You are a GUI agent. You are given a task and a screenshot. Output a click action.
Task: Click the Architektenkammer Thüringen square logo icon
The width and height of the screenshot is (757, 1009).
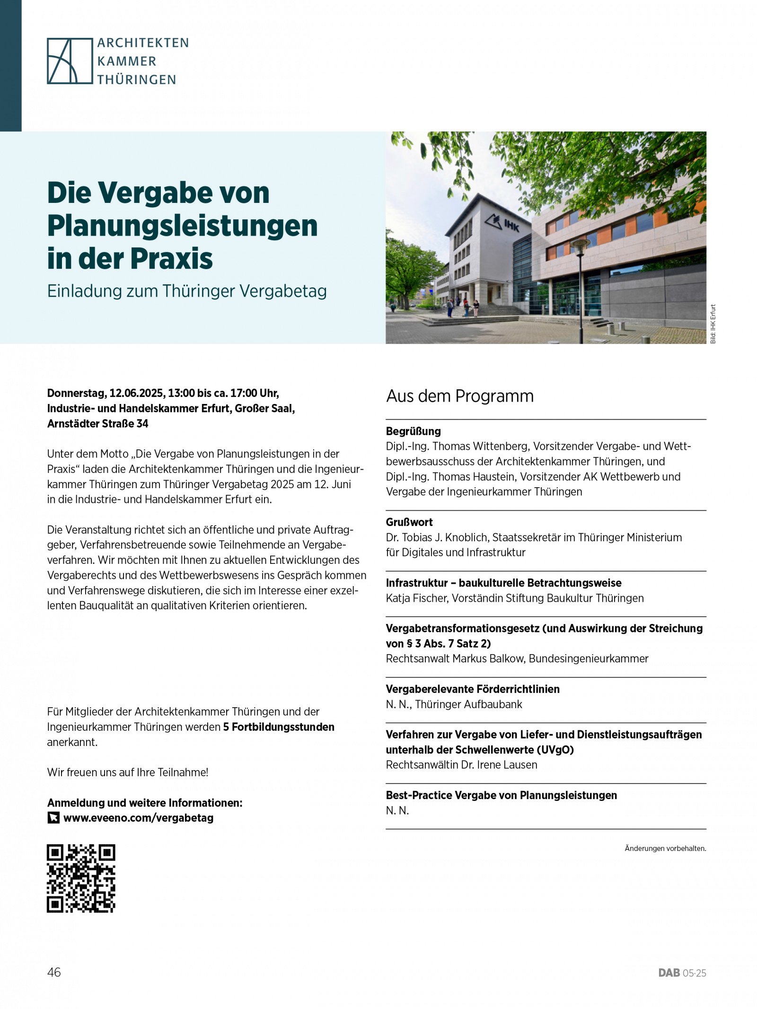tap(70, 61)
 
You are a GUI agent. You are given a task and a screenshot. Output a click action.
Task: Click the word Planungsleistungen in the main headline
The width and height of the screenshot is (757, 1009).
tap(182, 226)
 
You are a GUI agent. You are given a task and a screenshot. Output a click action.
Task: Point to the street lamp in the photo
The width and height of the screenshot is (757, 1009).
tap(580, 284)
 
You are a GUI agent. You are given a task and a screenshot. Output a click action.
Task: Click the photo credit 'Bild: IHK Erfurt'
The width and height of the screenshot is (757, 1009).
tap(713, 324)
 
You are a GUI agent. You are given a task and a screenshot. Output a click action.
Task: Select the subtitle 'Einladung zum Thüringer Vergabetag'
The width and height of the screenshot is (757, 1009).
tap(187, 291)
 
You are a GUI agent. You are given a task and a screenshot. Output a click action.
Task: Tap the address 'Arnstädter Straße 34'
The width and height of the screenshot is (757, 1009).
tap(97, 423)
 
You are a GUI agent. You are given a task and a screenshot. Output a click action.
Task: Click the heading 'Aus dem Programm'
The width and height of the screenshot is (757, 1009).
tap(459, 396)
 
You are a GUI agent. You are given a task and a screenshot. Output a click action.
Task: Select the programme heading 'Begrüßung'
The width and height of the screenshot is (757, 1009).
tap(413, 431)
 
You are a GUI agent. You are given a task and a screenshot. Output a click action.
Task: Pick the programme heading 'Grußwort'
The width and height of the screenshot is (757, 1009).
tap(409, 522)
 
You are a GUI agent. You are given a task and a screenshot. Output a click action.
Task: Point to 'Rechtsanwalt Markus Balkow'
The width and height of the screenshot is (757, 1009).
tap(454, 658)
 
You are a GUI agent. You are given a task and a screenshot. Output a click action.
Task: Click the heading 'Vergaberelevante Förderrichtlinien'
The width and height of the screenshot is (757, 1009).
tap(472, 689)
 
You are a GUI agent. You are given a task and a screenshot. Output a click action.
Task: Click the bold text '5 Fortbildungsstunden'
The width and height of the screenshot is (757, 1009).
tap(279, 727)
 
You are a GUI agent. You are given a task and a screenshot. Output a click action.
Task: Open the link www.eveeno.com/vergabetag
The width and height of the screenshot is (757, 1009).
tap(138, 818)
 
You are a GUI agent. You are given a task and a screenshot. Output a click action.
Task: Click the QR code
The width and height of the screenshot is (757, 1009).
tap(81, 878)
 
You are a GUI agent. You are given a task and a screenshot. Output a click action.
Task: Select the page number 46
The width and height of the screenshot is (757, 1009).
tap(54, 972)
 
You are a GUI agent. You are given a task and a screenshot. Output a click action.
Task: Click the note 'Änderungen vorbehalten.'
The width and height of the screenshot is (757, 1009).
tap(665, 848)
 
